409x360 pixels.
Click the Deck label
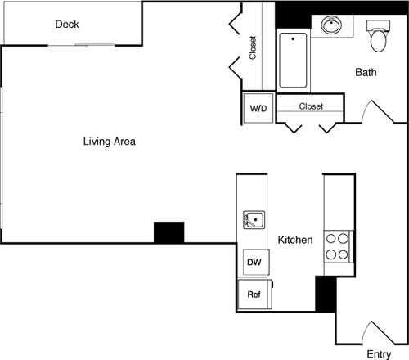tap(67, 24)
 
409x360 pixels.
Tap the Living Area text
tap(109, 142)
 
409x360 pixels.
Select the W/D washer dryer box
tap(258, 108)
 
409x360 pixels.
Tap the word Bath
tap(366, 72)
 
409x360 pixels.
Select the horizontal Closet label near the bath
tap(311, 106)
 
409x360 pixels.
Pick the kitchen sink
tap(253, 219)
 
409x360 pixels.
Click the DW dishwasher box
tap(254, 263)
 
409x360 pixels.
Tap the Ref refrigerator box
tap(254, 294)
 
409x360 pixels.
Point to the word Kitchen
tap(295, 241)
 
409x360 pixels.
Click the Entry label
tap(378, 353)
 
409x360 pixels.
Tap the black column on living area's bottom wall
tap(169, 232)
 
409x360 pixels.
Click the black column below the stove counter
tap(325, 294)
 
